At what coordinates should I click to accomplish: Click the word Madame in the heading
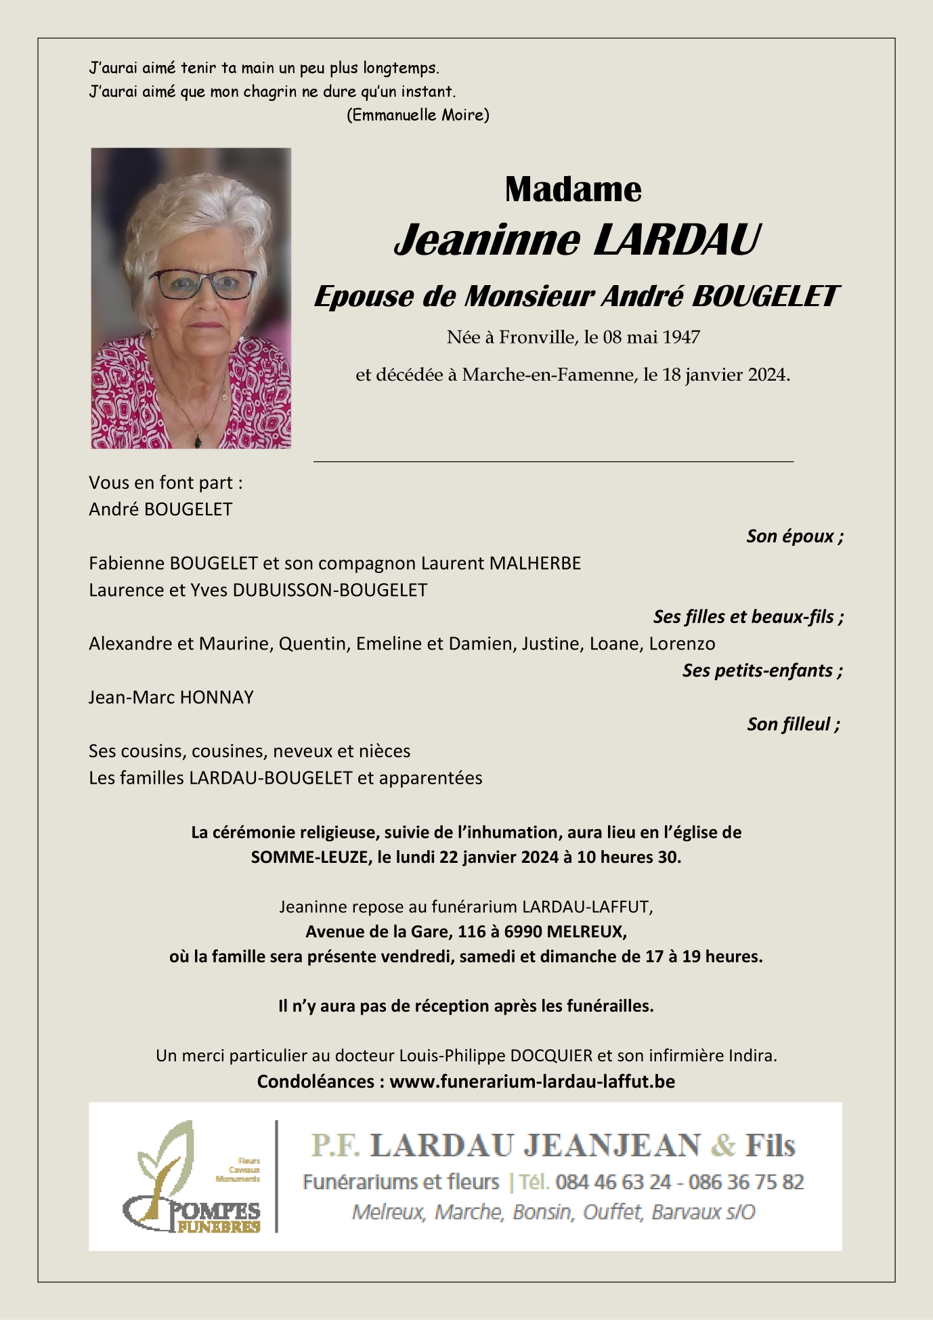pos(573,190)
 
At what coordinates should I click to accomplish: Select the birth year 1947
pos(680,337)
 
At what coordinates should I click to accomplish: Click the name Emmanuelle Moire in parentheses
pos(418,115)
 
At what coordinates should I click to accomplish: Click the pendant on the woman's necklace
pos(198,441)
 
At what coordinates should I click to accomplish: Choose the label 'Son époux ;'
pos(795,536)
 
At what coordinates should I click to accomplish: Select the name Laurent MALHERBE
pos(501,563)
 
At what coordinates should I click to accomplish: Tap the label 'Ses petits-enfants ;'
pos(762,670)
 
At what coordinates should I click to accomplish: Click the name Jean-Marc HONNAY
pos(171,698)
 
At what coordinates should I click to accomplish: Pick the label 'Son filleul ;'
pos(794,725)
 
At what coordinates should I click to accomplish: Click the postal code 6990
pos(523,932)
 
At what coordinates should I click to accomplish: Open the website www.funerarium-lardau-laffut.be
pos(532,1082)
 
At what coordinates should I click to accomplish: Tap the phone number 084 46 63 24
pos(613,1183)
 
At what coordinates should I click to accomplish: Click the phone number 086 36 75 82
pos(746,1183)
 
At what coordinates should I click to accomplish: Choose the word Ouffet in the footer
pos(612,1212)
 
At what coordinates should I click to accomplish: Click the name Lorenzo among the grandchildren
pos(682,643)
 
